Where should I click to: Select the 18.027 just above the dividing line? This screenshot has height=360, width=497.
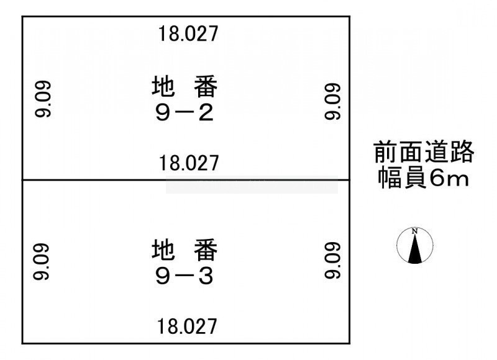coord(189,164)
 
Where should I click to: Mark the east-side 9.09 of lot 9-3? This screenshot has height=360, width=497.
coord(333,261)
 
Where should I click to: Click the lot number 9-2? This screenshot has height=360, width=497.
coord(185,114)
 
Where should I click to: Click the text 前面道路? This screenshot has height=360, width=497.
coord(424,151)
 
